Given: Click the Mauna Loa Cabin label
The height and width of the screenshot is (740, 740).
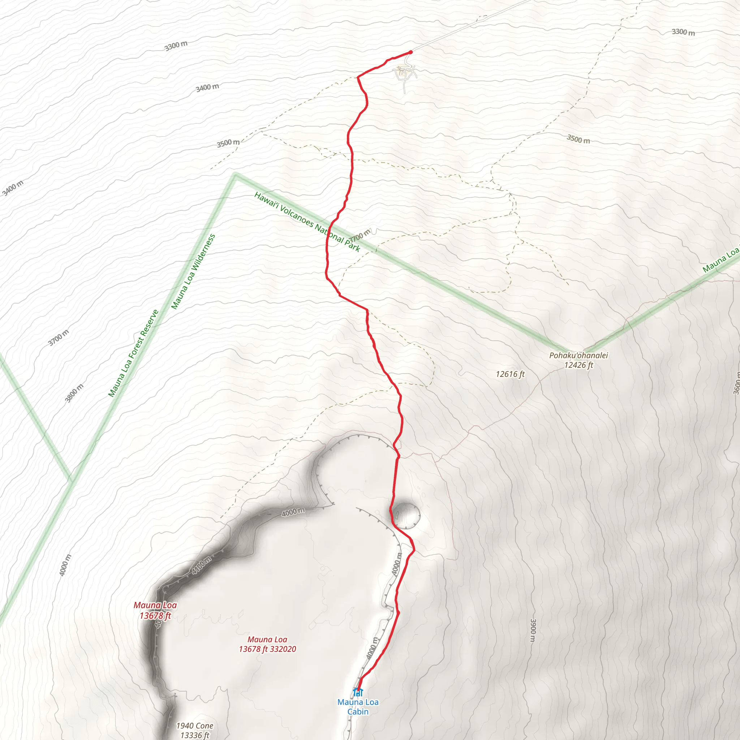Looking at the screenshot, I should pos(358,707).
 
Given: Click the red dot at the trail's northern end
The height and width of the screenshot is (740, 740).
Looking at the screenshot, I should pos(410,52).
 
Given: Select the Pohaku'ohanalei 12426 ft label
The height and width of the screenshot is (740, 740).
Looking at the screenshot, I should pos(578,360).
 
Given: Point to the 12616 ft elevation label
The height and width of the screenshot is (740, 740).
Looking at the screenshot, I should pos(510,374).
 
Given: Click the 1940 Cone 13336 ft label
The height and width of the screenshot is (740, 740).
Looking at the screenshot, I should pos(195,730).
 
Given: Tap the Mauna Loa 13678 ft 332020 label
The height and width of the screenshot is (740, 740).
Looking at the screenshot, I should pos(267,644).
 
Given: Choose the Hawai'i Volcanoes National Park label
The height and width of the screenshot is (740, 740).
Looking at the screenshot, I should pos(307,222).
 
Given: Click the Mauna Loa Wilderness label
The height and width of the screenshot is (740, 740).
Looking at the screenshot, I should pos(193,272).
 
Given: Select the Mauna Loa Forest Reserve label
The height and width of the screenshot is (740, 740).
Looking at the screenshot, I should pos(133,353).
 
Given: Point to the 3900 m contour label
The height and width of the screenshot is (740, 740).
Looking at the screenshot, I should pos(533,630).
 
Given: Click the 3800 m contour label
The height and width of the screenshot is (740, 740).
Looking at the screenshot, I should pos(74,393).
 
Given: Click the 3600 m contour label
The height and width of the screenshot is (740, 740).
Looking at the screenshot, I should pos(736,383).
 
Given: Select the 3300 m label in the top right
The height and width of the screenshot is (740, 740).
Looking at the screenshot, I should pos(683,32).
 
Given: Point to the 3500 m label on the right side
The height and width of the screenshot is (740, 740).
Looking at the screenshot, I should pos(578,139).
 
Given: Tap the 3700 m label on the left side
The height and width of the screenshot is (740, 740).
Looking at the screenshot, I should pos(59,337).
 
